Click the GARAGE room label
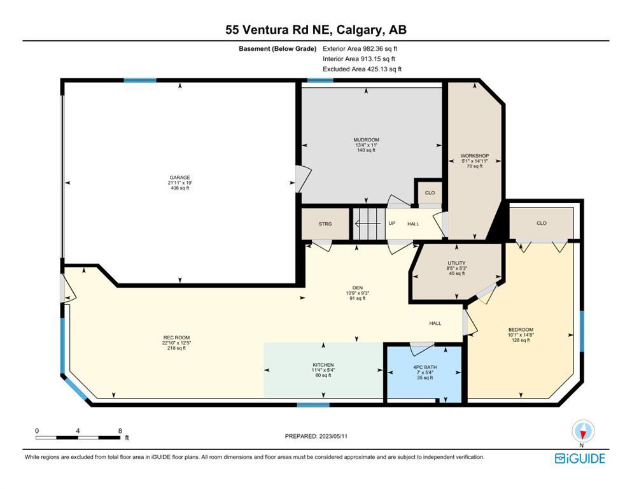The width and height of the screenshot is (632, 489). tap(179, 178)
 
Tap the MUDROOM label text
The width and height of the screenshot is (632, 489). tap(366, 140)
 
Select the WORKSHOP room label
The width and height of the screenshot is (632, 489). tap(475, 155)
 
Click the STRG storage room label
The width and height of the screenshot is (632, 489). tap(325, 223)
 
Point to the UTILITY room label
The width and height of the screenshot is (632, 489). tap(457, 263)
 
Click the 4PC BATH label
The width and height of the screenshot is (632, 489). tap(425, 367)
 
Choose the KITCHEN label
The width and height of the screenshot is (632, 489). tap(323, 365)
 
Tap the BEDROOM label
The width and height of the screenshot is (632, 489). tap(521, 329)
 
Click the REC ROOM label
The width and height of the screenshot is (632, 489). tap(176, 338)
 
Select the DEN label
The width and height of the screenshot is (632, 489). tap(358, 288)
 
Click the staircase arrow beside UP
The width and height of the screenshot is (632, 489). tap(367, 223)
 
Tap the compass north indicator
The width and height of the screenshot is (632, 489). tap(582, 432)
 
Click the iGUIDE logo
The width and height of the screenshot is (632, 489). tap(580, 459)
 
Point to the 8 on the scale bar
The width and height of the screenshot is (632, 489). tap(120, 431)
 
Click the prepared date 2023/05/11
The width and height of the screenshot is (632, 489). tap(334, 436)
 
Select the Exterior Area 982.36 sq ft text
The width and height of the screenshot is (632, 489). tap(360, 49)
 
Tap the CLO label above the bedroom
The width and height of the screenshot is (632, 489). tap(542, 223)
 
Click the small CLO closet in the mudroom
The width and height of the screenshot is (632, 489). tap(430, 193)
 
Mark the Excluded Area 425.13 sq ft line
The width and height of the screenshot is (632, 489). tap(362, 69)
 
